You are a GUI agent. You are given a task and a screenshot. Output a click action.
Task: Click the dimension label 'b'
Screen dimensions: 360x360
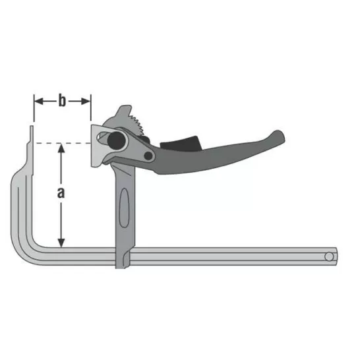point(62,101)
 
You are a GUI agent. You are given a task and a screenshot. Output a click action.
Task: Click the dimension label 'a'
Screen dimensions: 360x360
point(61,193)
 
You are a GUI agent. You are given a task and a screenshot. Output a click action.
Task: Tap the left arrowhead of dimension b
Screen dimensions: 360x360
point(38,101)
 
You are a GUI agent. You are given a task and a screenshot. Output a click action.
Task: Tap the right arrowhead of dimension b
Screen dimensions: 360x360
point(86,101)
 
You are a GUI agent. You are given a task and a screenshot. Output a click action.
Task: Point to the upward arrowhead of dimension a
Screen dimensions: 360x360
point(61,148)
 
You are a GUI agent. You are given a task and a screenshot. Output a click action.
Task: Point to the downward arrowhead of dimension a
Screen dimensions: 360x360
point(61,243)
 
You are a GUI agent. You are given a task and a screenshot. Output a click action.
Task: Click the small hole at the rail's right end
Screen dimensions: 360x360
point(329,256)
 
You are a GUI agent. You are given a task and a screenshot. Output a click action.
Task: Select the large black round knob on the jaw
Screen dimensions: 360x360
point(117,140)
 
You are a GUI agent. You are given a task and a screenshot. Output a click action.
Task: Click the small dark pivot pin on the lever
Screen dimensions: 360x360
point(148,156)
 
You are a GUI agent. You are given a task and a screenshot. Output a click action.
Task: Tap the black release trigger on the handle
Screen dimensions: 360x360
point(181,143)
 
